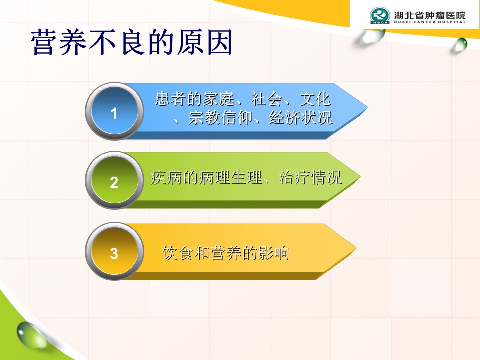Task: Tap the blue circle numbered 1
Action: point(114,111)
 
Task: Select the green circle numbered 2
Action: point(114,180)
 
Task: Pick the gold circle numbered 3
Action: point(114,251)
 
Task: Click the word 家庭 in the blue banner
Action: point(219,99)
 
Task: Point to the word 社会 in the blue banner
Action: point(267,99)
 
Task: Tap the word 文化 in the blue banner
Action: point(315,99)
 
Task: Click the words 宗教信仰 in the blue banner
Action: point(220,117)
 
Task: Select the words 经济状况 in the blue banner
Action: point(300,117)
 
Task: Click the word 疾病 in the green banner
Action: point(166,177)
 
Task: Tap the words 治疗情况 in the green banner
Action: point(310,177)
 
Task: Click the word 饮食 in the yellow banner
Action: point(178,253)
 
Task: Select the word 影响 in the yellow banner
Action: point(274,253)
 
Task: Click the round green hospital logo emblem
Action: point(380,15)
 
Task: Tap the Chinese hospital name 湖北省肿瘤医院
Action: point(430,15)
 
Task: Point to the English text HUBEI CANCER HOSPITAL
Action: point(430,22)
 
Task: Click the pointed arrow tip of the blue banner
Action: point(367,108)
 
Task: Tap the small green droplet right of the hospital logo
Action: point(460,45)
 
